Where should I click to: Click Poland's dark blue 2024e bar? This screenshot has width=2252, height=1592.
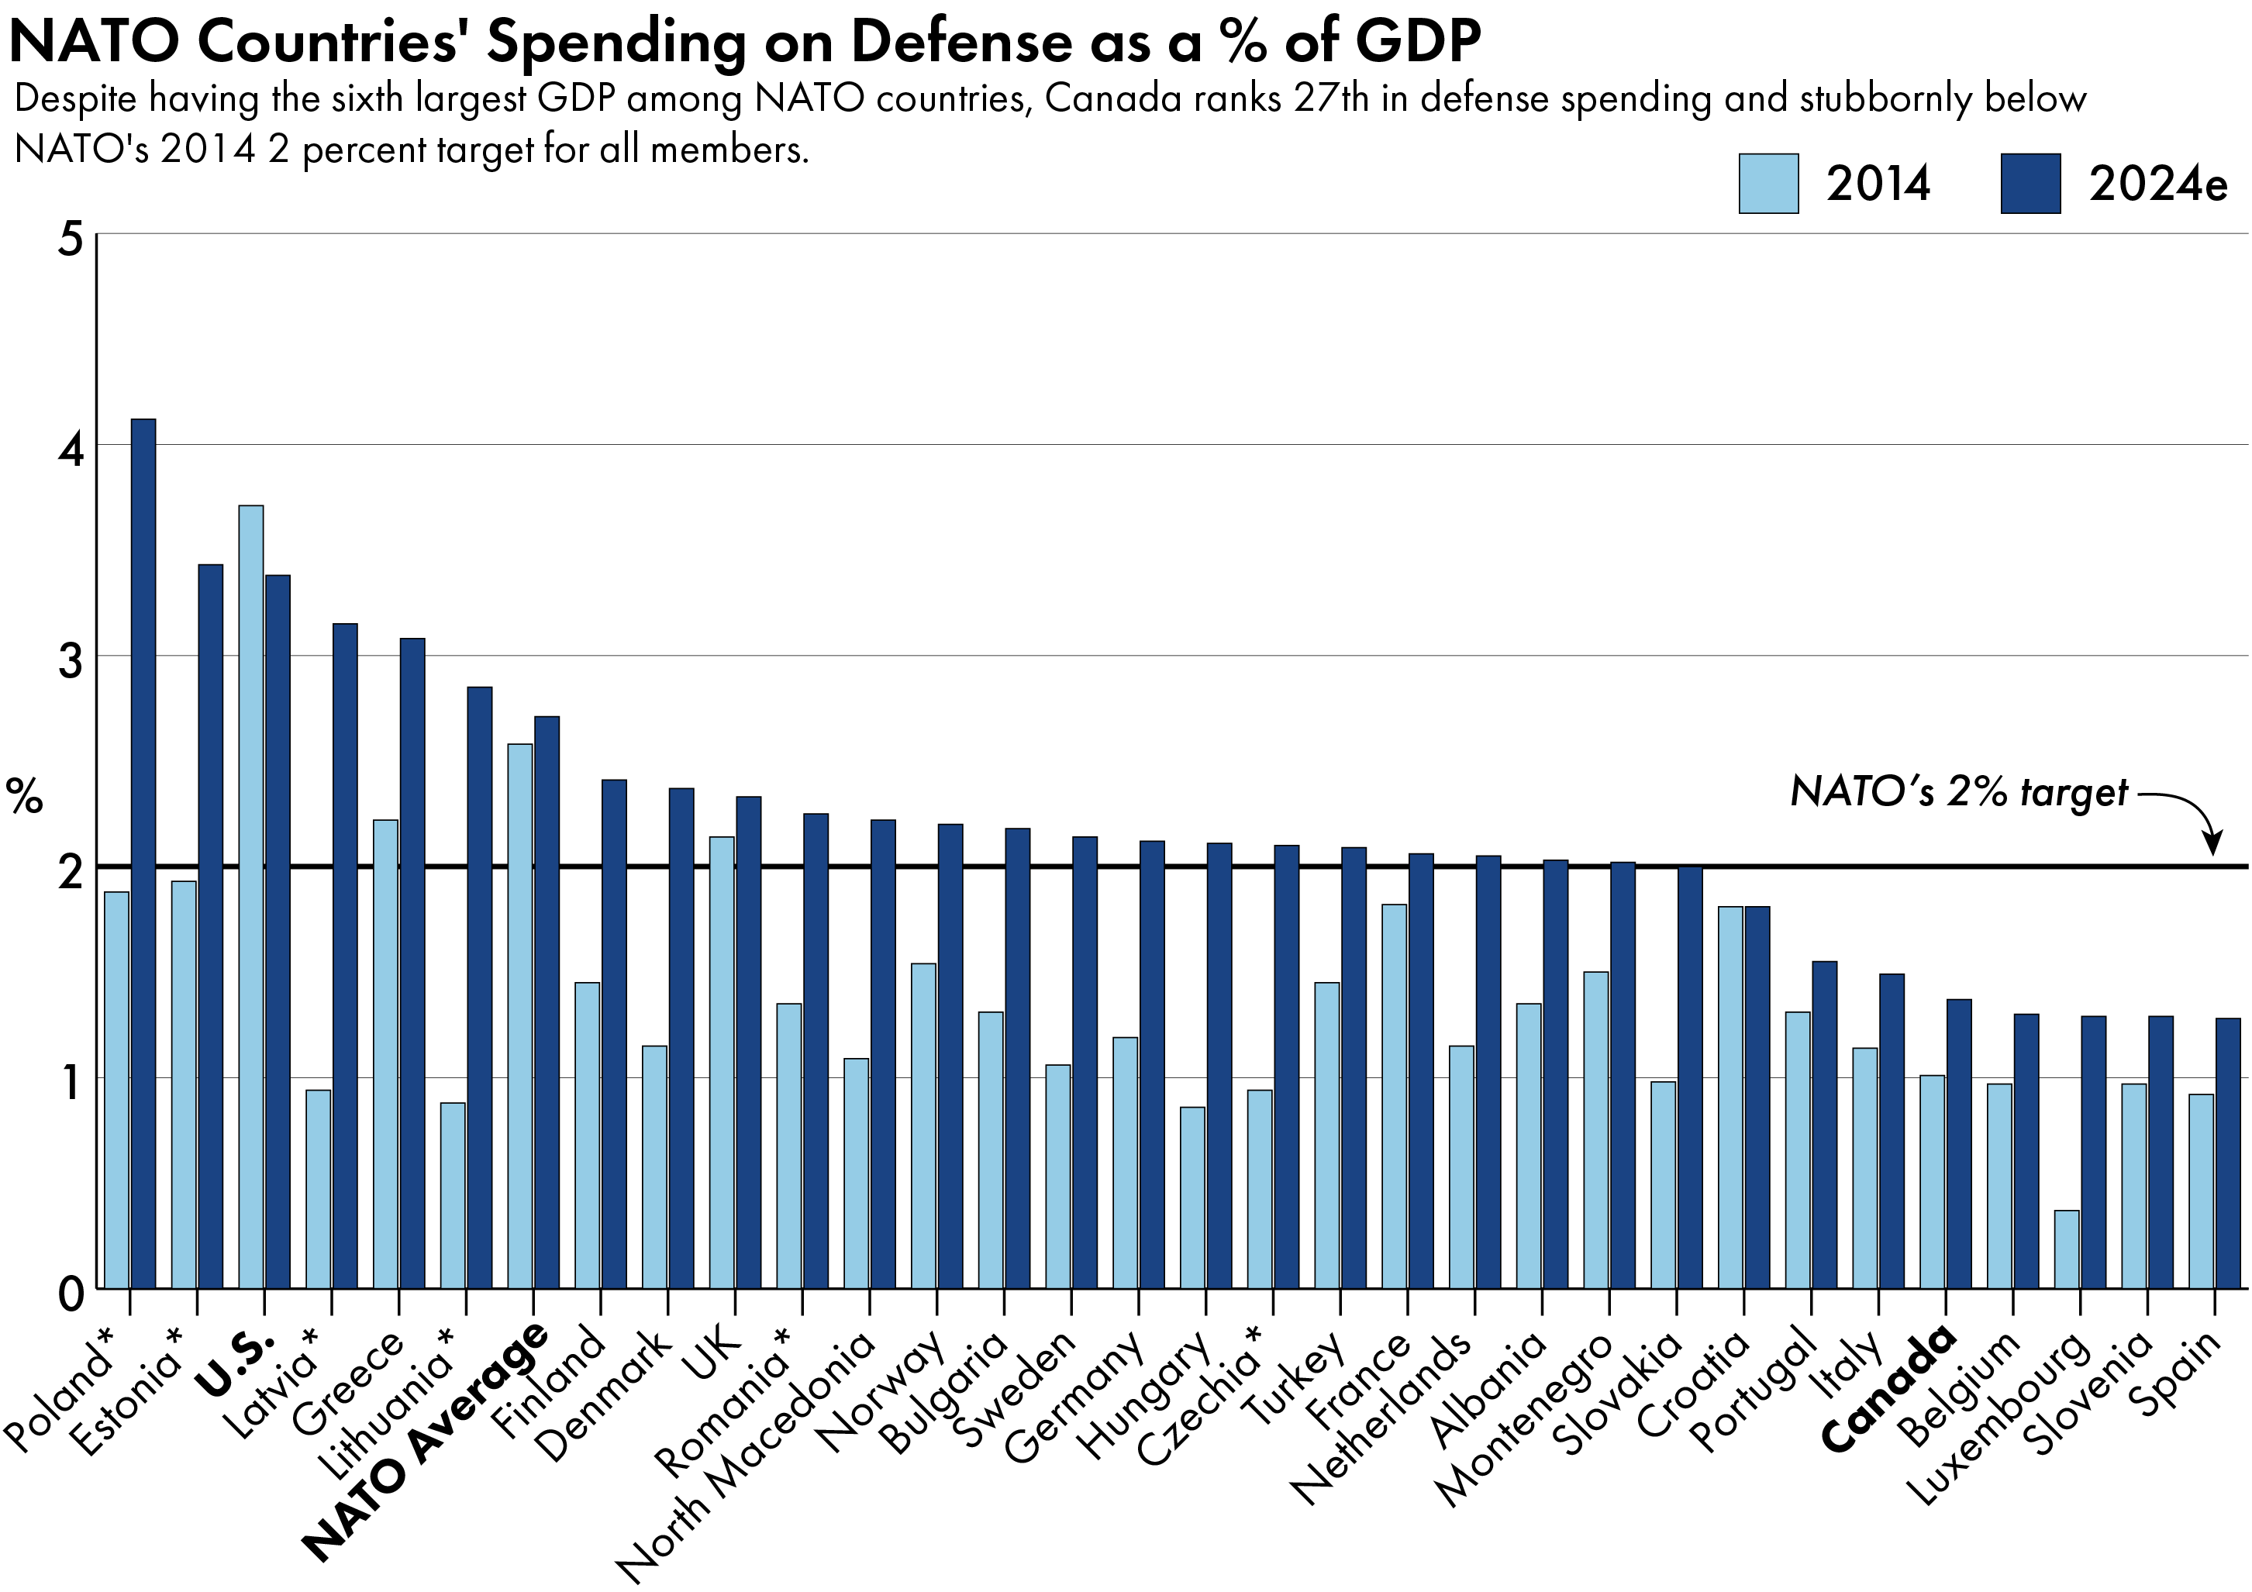point(143,853)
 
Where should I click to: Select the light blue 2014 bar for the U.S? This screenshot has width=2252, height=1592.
point(251,897)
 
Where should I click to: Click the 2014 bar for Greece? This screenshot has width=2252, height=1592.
point(385,1053)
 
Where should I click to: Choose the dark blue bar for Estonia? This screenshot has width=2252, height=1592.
point(211,926)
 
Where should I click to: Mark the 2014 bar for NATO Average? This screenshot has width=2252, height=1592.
point(520,1015)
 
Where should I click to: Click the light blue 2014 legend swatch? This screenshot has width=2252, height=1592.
point(1768,184)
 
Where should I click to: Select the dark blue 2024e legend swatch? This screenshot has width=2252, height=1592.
point(2030,184)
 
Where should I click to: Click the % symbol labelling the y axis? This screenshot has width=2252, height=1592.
point(26,797)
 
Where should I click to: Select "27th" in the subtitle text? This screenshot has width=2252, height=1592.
point(1331,99)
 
